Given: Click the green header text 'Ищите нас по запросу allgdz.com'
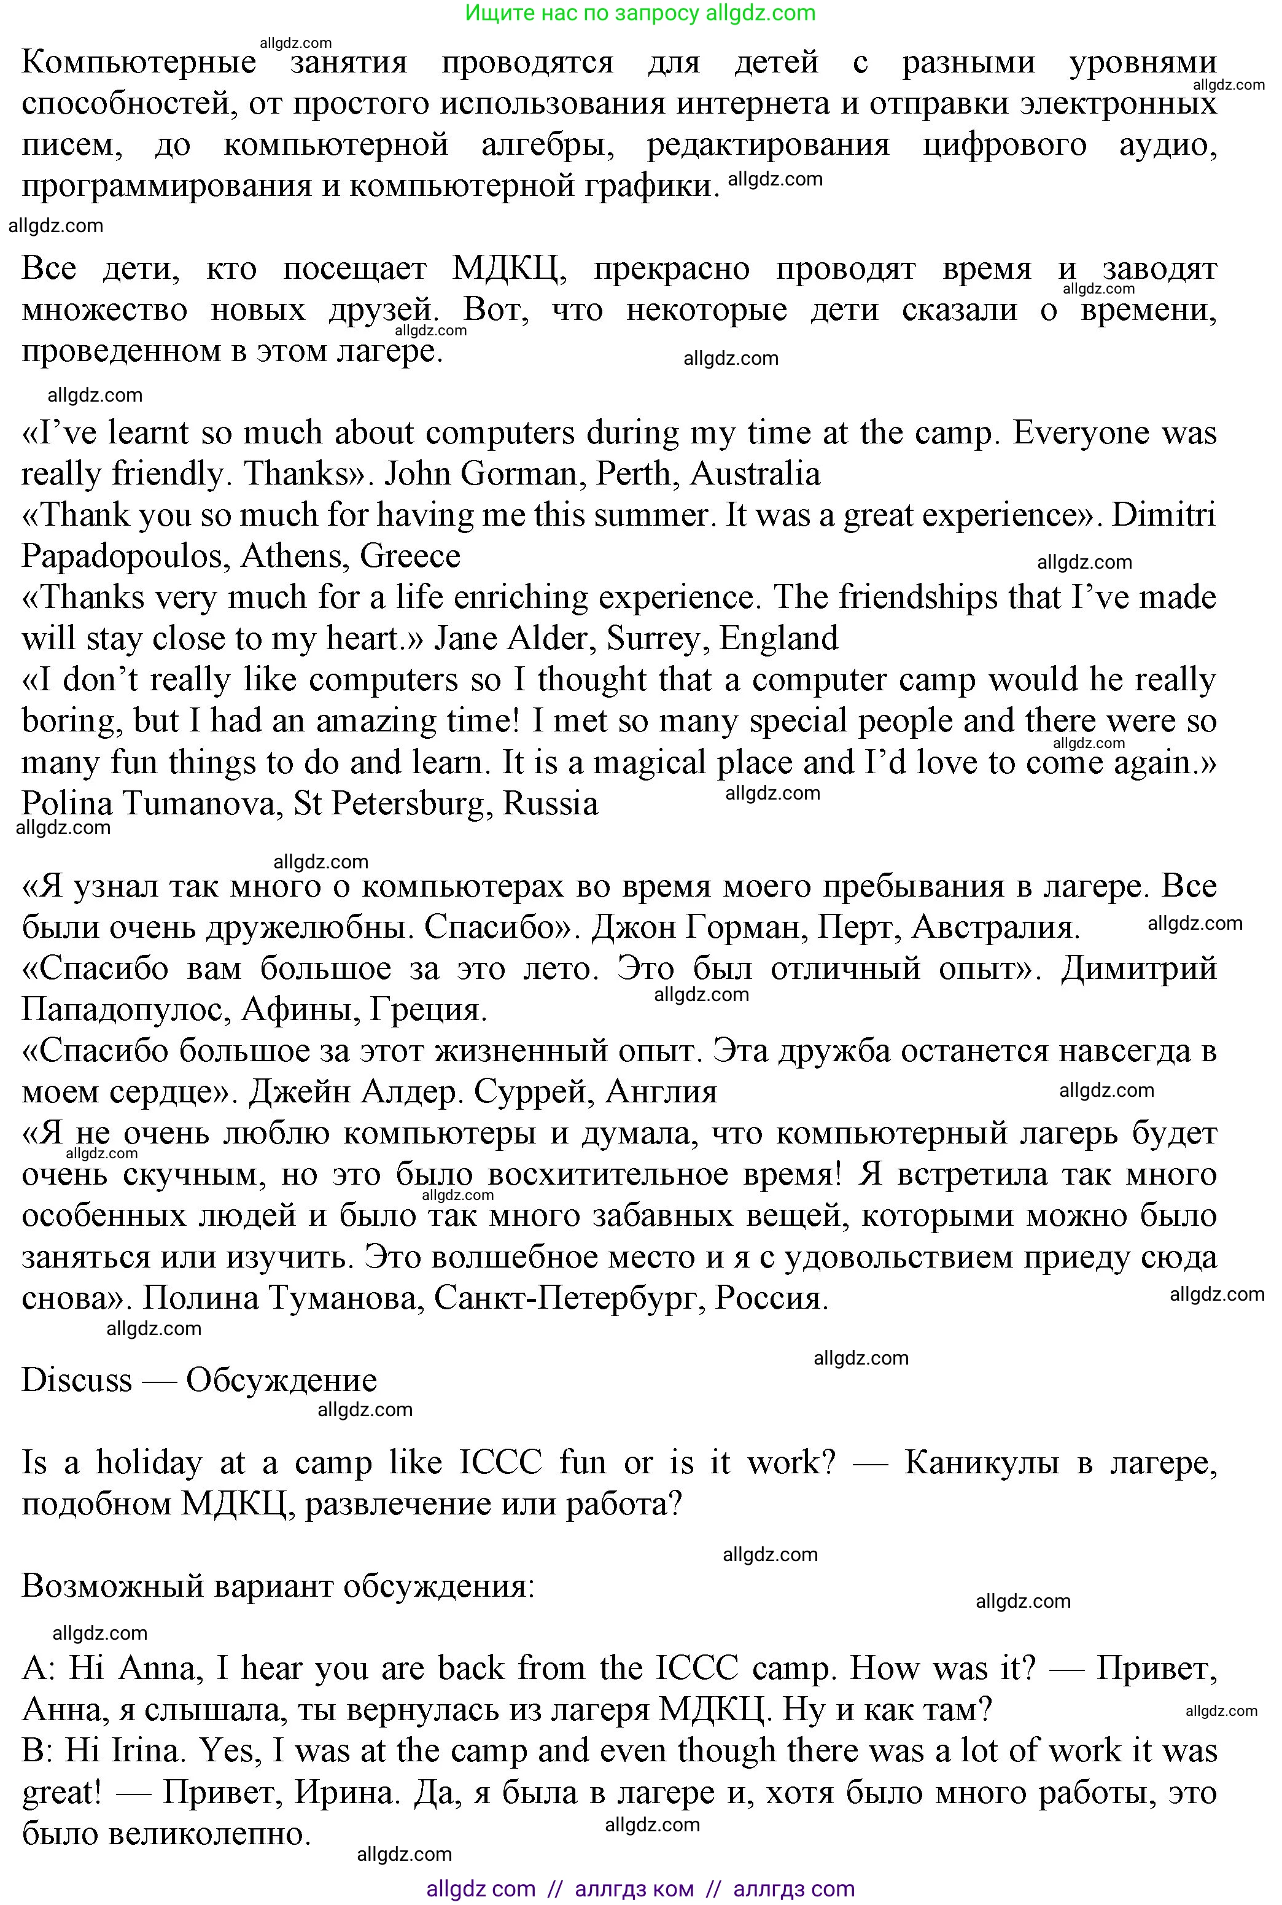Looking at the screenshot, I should [x=640, y=13].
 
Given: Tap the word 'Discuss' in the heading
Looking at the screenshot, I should [x=77, y=1380].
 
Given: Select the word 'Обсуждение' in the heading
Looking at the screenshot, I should [x=281, y=1380].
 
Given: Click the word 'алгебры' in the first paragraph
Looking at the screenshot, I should [x=547, y=145].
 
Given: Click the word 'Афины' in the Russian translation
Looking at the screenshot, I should [x=300, y=1010].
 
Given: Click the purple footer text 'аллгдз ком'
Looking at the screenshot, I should [x=634, y=1888].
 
